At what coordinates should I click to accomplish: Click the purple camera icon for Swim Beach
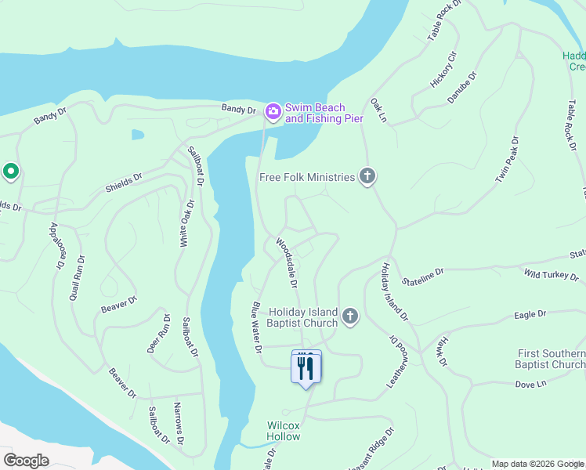273,111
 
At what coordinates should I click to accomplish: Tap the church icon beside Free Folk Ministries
367,176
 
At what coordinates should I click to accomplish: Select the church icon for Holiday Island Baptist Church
350,316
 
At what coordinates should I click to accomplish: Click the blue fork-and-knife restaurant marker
306,367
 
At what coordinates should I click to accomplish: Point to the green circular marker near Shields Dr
10,170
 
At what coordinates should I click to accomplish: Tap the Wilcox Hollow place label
283,430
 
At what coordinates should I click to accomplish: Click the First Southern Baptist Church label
551,359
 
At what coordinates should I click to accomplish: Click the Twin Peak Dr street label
506,161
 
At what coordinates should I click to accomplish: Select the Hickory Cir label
443,70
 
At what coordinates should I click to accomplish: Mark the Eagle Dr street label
530,314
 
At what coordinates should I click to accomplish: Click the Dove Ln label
529,385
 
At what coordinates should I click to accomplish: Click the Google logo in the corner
27,461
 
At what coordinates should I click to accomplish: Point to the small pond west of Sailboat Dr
138,135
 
